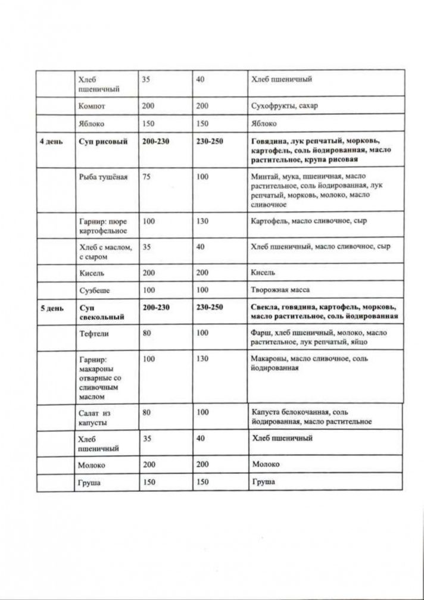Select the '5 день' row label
click(50, 308)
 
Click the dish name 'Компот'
click(92, 106)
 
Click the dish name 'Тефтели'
click(94, 334)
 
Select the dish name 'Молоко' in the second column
click(92, 464)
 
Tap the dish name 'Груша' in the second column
click(89, 482)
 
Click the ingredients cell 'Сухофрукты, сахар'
click(285, 106)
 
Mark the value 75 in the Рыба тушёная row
click(146, 177)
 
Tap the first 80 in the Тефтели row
click(146, 334)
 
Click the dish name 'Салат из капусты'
click(95, 416)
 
